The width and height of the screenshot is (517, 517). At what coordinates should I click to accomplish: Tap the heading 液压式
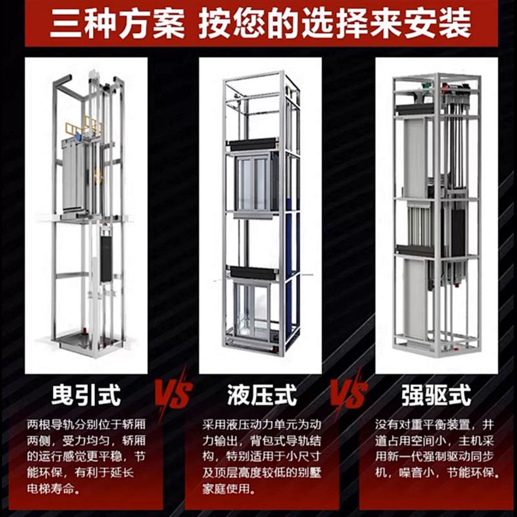point(261,395)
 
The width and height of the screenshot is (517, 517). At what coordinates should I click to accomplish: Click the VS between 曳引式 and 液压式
point(173,392)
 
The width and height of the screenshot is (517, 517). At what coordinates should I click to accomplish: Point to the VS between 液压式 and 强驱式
point(349,392)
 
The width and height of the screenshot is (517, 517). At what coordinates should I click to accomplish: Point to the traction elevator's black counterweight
point(106,258)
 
